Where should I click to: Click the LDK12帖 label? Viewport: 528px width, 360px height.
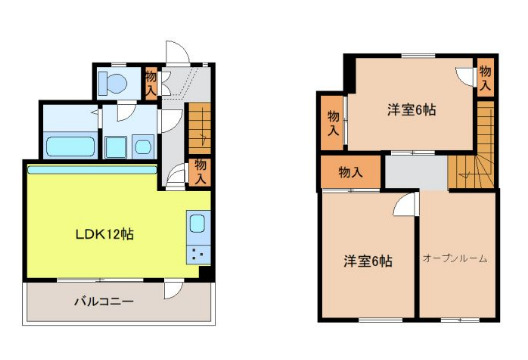(104, 235)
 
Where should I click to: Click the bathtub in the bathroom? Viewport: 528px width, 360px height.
(69, 146)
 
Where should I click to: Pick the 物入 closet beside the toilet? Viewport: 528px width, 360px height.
(151, 81)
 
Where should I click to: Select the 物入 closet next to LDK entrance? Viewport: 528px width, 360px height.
(201, 170)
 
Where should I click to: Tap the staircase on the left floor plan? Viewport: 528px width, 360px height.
(201, 125)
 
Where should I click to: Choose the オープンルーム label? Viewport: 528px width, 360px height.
(454, 259)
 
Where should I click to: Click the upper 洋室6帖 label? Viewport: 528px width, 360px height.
(412, 109)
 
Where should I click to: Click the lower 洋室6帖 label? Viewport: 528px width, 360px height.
(367, 262)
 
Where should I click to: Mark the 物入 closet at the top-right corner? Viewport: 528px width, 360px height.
(485, 77)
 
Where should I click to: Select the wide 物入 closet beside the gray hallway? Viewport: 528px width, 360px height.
(350, 172)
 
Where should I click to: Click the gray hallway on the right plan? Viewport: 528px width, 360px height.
(415, 172)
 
